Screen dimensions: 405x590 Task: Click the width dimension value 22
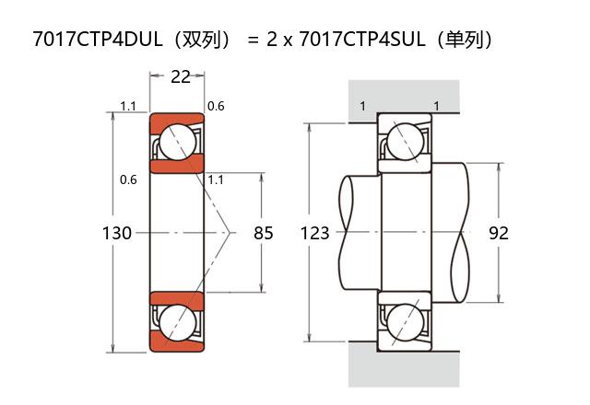tap(181, 77)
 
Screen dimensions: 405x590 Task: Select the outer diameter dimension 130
tap(116, 234)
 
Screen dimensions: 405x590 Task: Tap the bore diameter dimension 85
tap(264, 234)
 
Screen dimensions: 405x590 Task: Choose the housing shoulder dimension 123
tap(315, 234)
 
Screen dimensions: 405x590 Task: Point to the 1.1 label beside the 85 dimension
tap(218, 179)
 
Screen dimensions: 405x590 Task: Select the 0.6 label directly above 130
tap(128, 179)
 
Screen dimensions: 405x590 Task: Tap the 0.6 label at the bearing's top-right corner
tap(216, 107)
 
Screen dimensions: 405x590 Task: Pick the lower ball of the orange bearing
tap(177, 323)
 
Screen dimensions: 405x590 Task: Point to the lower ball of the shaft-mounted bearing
tap(404, 323)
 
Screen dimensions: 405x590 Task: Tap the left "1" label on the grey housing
tap(362, 107)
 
